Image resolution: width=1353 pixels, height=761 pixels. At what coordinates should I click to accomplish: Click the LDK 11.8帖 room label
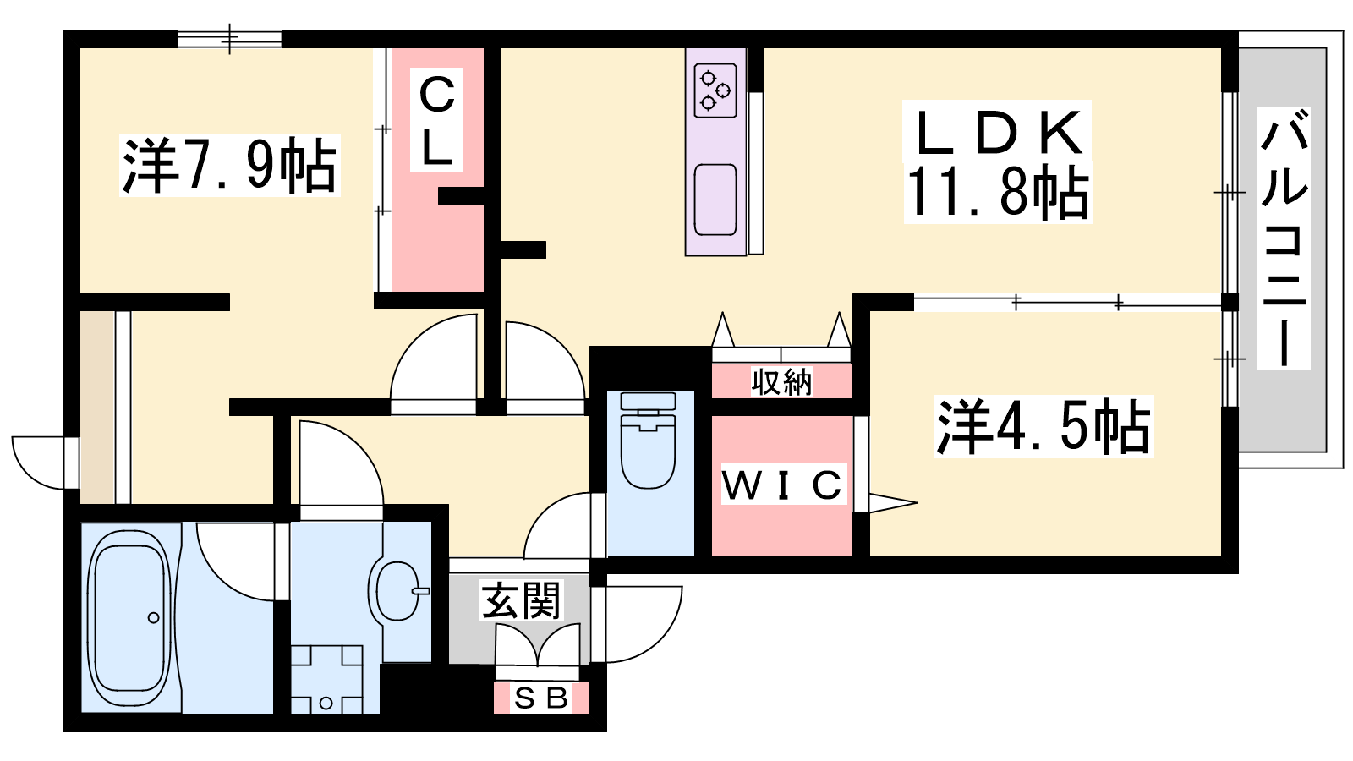998,162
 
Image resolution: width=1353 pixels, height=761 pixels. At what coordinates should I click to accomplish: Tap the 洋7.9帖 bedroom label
230,165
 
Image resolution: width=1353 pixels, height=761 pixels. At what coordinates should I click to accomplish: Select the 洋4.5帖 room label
1044,426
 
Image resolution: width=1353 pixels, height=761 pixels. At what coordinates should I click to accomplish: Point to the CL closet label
437,120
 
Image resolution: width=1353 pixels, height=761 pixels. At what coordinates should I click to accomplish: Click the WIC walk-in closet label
782,485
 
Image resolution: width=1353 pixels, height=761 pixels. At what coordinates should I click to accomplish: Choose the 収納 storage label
782,382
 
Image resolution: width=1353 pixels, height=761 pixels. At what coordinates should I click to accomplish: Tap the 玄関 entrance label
521,601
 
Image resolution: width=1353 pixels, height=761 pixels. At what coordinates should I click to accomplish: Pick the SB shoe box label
541,698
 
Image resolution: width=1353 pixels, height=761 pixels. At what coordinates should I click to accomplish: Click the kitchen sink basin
715,200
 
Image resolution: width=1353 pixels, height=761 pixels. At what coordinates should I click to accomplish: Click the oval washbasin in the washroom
397,590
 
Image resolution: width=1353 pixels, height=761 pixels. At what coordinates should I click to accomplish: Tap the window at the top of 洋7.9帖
229,39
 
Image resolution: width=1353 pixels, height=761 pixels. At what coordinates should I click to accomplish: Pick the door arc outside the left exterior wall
38,463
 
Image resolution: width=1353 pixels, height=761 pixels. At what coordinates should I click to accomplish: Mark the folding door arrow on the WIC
888,504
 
